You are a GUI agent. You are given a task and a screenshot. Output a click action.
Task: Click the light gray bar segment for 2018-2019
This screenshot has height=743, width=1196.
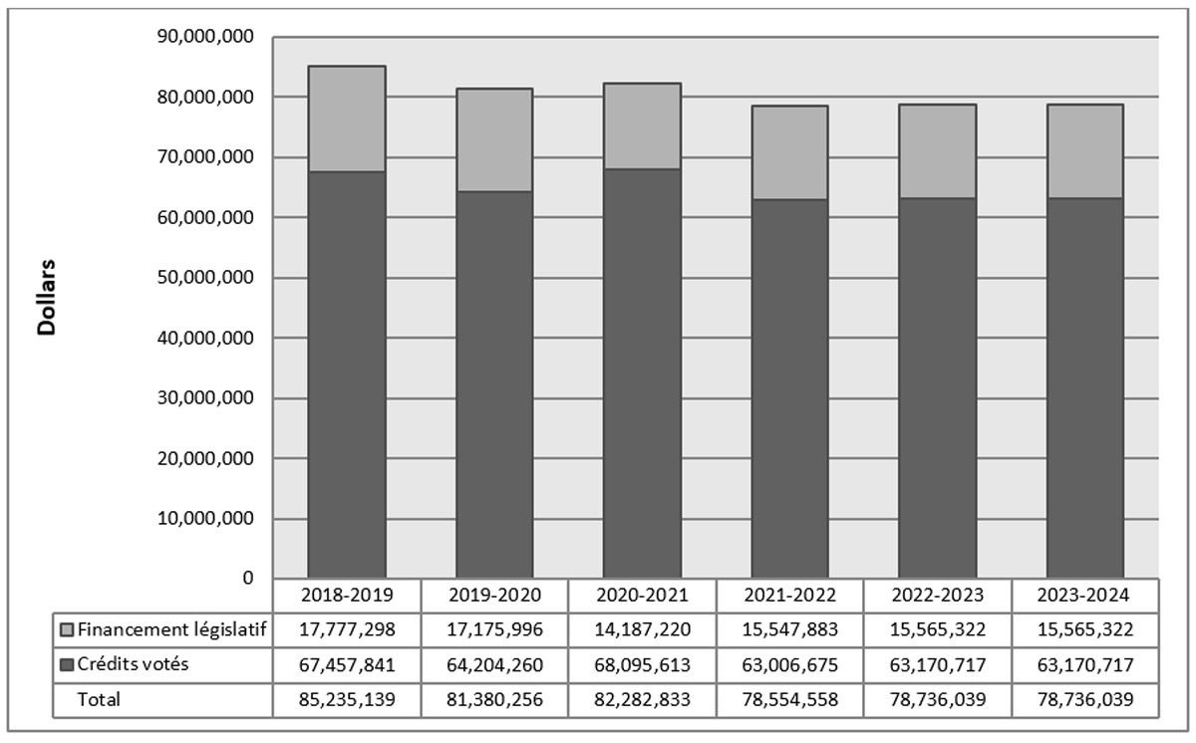tap(347, 119)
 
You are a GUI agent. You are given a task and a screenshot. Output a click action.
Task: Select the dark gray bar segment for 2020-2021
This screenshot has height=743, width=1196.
tap(642, 373)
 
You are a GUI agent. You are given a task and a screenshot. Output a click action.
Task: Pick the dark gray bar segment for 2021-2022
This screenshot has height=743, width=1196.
tap(789, 388)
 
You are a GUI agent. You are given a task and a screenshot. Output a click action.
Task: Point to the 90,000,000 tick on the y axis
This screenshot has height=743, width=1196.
tap(208, 37)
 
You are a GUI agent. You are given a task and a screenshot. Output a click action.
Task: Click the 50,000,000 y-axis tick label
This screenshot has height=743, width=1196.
tap(208, 278)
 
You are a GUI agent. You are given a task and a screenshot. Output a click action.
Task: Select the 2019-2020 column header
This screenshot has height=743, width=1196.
tap(494, 595)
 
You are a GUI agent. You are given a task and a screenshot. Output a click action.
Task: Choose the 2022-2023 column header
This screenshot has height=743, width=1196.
tap(937, 595)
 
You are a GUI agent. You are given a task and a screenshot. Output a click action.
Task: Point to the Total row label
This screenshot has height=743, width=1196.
tap(100, 699)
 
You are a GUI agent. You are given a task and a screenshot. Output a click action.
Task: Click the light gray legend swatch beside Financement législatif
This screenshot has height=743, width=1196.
tap(67, 629)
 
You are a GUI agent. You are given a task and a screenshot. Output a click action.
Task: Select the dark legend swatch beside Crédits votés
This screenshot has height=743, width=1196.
tap(67, 664)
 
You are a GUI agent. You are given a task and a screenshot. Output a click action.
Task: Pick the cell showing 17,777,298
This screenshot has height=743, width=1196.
tap(347, 629)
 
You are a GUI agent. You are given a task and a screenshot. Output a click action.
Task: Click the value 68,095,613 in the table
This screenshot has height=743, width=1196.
tap(642, 664)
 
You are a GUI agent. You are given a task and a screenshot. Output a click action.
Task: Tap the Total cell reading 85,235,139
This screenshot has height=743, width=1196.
tap(347, 699)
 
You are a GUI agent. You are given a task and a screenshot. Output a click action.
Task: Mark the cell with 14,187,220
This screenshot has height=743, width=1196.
tap(642, 629)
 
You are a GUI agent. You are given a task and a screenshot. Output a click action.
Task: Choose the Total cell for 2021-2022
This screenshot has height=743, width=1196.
tap(789, 699)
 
